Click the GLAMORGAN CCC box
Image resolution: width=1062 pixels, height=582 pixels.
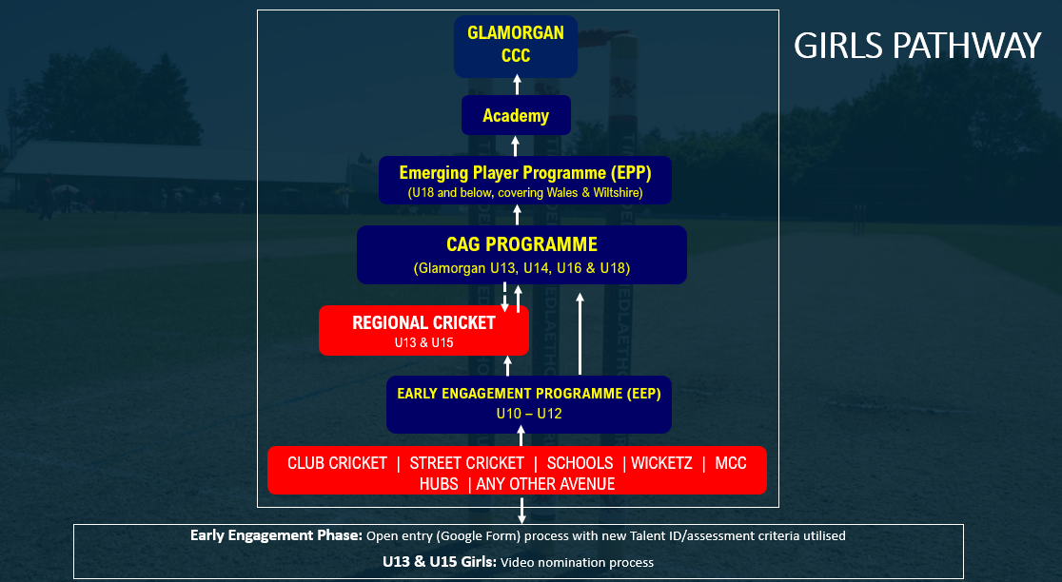point(516,45)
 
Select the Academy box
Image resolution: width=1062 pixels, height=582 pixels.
point(516,115)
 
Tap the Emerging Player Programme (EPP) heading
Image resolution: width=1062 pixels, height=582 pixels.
point(524,173)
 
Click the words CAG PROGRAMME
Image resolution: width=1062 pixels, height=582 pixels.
point(521,244)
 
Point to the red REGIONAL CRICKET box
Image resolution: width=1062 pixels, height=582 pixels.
point(423,330)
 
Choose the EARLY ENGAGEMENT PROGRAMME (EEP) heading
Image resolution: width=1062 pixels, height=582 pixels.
point(528,393)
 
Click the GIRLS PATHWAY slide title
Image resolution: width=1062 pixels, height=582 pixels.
point(917,46)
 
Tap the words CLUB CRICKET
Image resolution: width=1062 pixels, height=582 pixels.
point(337,463)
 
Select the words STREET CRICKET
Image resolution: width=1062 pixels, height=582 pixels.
point(466,463)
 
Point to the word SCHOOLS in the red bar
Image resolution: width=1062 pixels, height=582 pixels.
point(580,463)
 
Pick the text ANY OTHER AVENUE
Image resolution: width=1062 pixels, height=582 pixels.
point(547,484)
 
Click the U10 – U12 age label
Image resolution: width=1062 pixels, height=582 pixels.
point(528,414)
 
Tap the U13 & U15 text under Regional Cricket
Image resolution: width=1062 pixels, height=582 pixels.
point(423,341)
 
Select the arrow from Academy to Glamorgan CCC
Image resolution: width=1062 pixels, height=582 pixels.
point(517,86)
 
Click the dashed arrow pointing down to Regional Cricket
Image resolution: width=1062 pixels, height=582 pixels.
point(504,297)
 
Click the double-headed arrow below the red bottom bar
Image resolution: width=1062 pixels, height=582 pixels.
point(521,509)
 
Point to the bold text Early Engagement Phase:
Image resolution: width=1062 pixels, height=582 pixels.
point(275,535)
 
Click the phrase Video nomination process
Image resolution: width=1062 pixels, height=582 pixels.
point(576,562)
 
